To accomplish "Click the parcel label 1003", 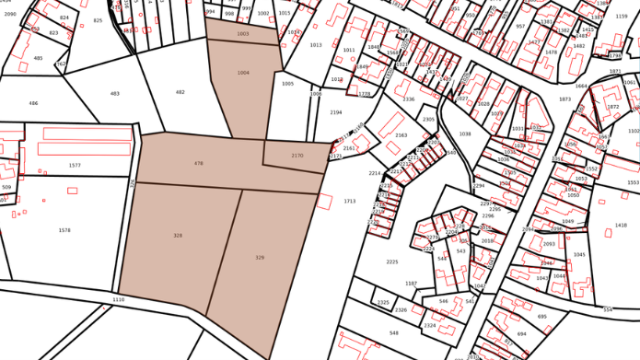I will pos(243,34).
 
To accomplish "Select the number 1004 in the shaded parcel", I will pos(243,73).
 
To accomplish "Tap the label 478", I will pos(198,164).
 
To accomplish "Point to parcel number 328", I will pos(178,236).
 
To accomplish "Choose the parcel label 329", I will pos(260,258).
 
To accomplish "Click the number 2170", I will pos(297,156).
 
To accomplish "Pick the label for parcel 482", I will pos(180,92).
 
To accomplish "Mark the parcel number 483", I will pos(115,94).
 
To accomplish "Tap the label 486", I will pos(33,104).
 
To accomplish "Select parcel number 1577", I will pos(75,166).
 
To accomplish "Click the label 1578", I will pos(64,230).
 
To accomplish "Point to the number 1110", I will pos(118,300).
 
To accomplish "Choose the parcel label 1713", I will pos(350,201).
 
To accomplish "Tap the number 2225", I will pos(392,262).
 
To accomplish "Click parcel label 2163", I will pos(401,135).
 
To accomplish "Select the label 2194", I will pos(336,112).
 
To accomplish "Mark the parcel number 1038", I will pos(465,134).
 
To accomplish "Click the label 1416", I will pos(621,225).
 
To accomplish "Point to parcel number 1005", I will pos(288,84).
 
